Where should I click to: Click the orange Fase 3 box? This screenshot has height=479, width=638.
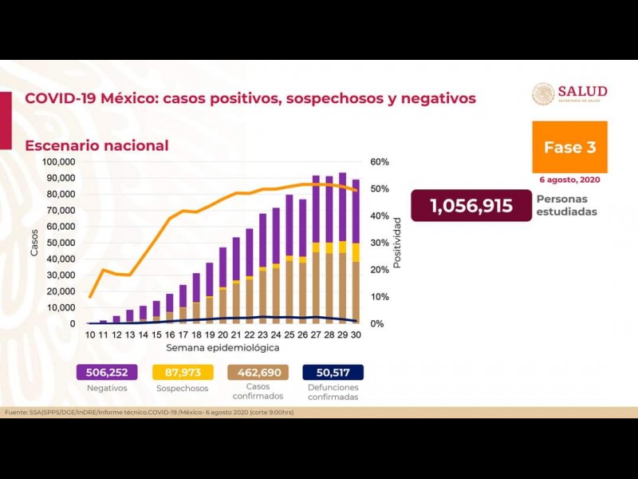pyautogui.click(x=569, y=147)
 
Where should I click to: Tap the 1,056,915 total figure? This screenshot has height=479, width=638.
pyautogui.click(x=471, y=206)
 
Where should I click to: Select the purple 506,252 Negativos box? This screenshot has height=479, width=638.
pyautogui.click(x=107, y=372)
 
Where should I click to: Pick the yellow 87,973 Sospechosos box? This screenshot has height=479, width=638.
pyautogui.click(x=183, y=372)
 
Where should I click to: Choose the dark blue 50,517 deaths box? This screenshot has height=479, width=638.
pyautogui.click(x=333, y=372)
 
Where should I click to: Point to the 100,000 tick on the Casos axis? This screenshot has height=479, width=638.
pyautogui.click(x=58, y=162)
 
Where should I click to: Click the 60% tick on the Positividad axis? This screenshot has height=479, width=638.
pyautogui.click(x=380, y=162)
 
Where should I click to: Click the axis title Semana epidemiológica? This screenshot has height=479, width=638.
pyautogui.click(x=223, y=348)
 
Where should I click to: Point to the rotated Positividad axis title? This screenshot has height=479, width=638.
pyautogui.click(x=397, y=242)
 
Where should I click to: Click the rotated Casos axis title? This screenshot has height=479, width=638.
pyautogui.click(x=34, y=243)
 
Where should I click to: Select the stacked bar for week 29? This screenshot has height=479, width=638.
pyautogui.click(x=342, y=248)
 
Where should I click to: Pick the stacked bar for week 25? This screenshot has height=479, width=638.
pyautogui.click(x=289, y=259)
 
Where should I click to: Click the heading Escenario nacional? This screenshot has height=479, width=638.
pyautogui.click(x=96, y=145)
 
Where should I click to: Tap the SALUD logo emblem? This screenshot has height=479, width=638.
pyautogui.click(x=543, y=94)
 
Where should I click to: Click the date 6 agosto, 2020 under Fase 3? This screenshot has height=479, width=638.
pyautogui.click(x=569, y=180)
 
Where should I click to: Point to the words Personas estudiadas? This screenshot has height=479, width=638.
pyautogui.click(x=566, y=205)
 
